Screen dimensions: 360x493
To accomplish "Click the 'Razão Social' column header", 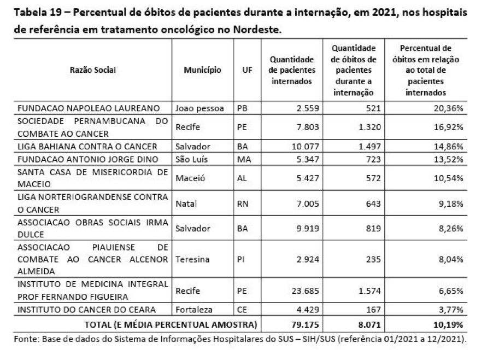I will tap(93, 70).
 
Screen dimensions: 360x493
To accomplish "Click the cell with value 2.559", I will tap(304, 108).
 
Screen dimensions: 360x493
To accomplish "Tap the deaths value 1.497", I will tap(369, 146).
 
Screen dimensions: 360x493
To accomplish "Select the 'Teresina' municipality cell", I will tap(192, 259).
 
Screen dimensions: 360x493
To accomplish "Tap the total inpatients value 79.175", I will tap(301, 323).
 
